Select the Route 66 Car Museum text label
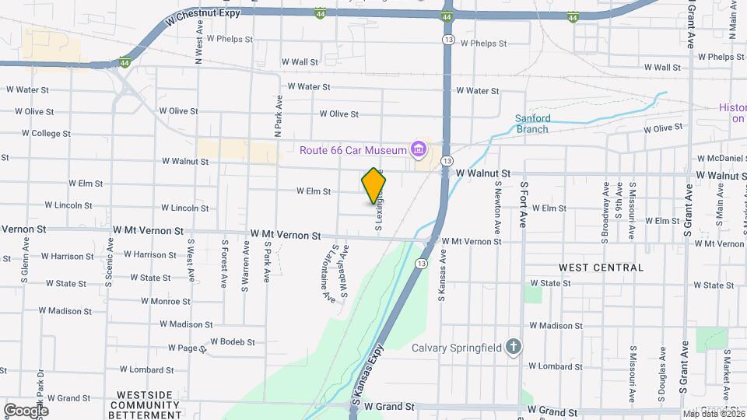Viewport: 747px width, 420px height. coord(354,149)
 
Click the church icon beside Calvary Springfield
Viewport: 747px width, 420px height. coord(513,347)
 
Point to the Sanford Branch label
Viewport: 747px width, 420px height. coord(533,124)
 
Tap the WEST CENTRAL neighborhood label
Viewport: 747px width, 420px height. coord(601,268)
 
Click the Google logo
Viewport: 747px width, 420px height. coord(26,410)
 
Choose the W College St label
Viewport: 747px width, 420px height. coord(46,134)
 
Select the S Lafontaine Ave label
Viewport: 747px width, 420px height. coord(328,273)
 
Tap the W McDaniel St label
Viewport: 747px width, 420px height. coord(719,158)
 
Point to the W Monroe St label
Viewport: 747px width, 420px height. coord(165,301)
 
